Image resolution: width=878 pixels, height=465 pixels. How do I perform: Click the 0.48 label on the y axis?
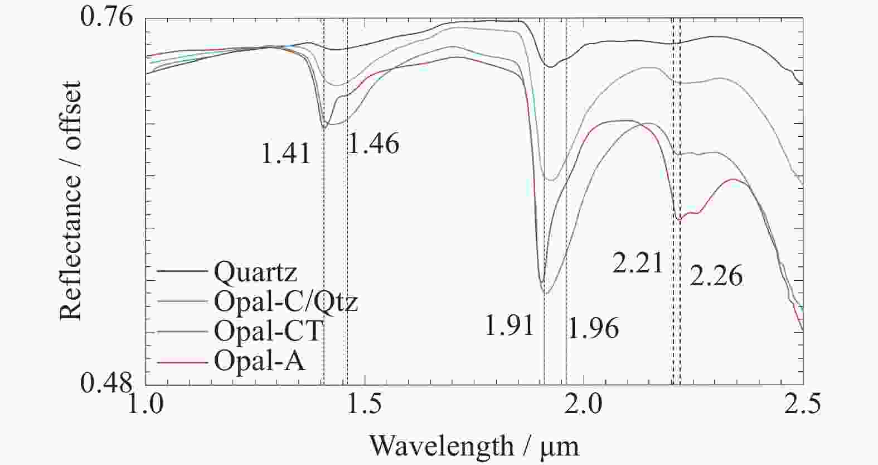tap(108, 383)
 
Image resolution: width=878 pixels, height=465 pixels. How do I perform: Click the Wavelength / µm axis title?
tap(474, 445)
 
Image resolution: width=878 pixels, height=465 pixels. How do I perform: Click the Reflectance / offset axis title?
tap(71, 201)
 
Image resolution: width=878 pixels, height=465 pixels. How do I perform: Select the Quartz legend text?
tap(255, 272)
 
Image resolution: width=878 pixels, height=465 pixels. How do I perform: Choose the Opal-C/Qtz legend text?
tap(285, 302)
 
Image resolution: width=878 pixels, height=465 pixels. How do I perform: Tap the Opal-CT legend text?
tap(268, 332)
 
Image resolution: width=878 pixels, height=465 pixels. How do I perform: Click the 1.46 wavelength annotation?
tap(373, 144)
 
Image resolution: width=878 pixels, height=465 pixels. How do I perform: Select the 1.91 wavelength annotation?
tap(510, 326)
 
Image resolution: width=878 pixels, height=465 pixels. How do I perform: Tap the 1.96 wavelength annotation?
tap(593, 328)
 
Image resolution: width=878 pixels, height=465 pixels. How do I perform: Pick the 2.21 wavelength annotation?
tap(638, 263)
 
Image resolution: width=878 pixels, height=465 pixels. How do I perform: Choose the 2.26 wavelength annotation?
tap(716, 276)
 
